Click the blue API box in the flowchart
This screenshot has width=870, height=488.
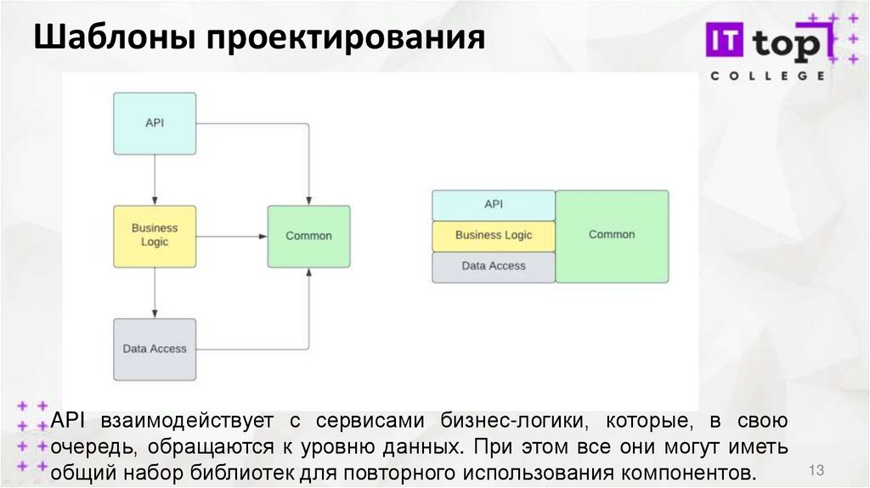(155, 123)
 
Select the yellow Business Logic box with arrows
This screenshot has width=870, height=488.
(155, 235)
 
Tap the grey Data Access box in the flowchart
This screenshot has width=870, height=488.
(155, 349)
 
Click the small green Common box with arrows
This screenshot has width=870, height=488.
(308, 235)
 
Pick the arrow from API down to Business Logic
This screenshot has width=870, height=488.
(155, 179)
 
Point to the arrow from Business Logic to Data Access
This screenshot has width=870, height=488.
(155, 292)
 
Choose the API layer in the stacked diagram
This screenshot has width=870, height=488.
(494, 205)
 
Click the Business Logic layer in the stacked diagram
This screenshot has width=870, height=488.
(494, 235)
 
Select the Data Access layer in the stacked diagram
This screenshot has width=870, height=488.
(494, 266)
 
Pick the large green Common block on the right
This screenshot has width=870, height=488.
(612, 235)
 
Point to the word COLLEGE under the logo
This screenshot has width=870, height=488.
(767, 76)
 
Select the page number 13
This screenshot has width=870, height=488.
(817, 470)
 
